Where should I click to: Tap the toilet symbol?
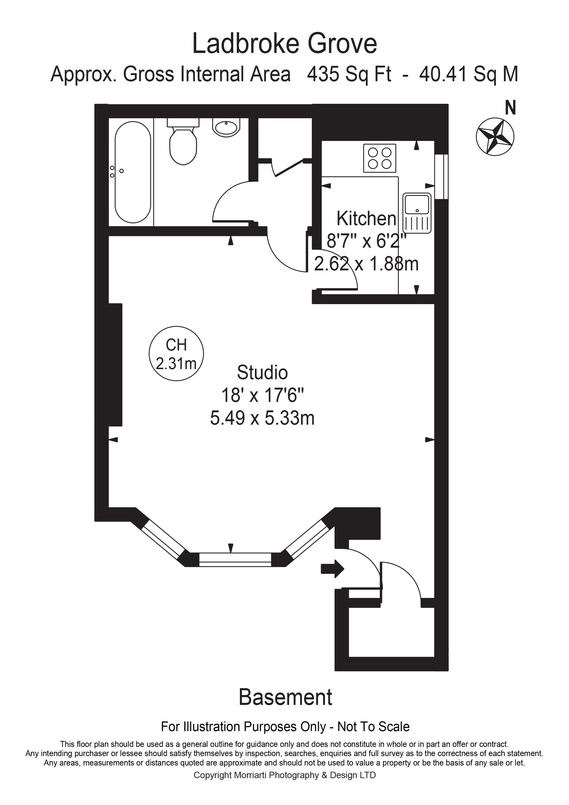183,144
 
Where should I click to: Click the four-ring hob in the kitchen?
380,158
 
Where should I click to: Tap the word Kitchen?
366,219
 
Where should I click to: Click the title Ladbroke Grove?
284,43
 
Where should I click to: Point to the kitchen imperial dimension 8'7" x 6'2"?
366,241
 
